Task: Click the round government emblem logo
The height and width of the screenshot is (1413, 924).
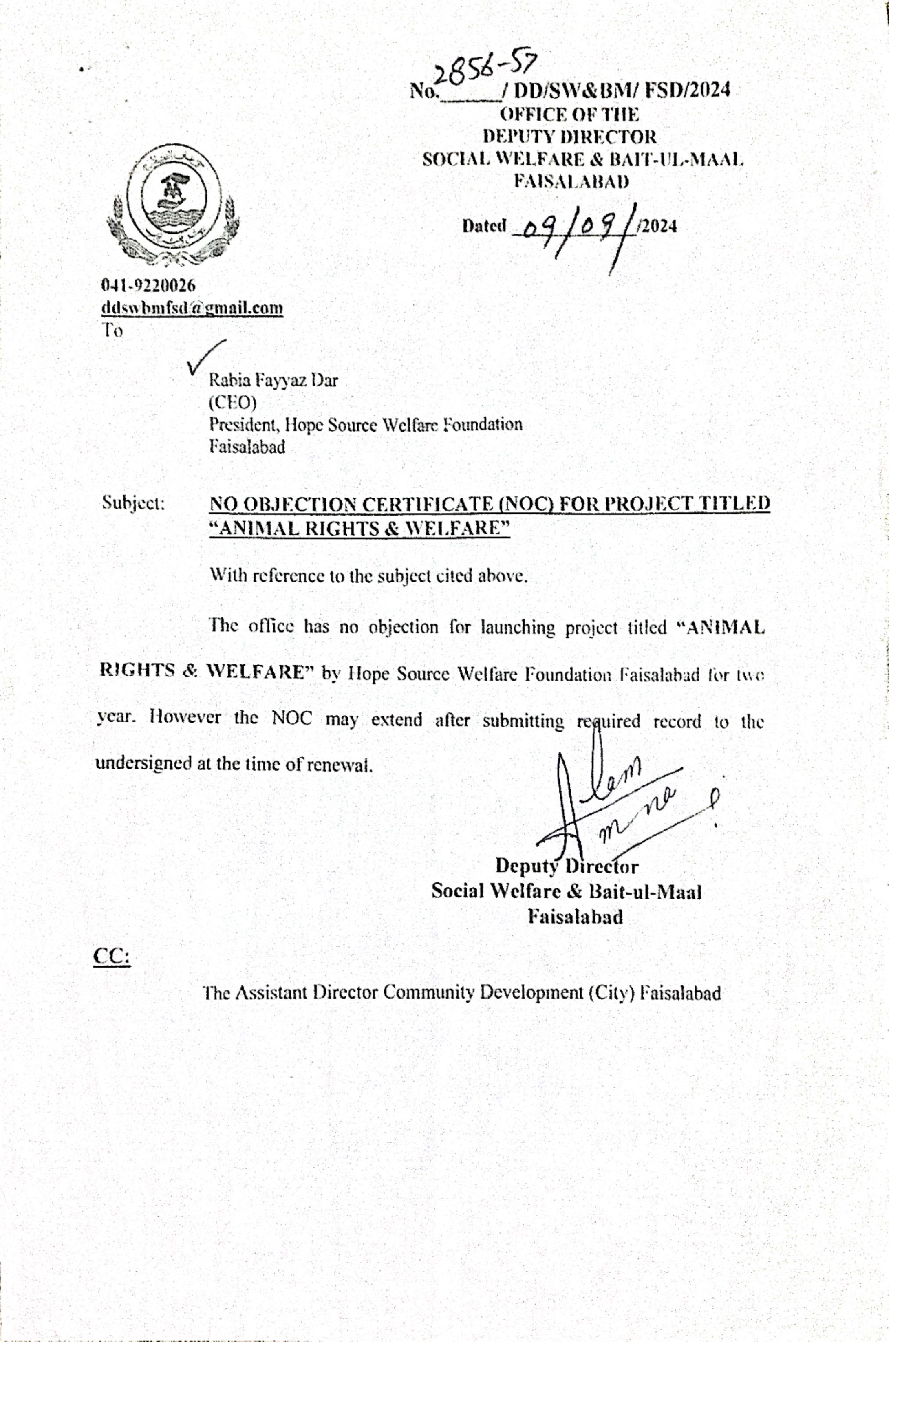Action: (x=173, y=204)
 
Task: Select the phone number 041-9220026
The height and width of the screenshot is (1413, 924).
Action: (x=148, y=286)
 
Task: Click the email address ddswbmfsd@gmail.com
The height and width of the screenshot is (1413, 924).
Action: (x=192, y=308)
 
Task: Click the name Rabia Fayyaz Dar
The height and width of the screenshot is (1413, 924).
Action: (x=273, y=380)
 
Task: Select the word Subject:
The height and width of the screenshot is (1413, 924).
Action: (x=133, y=503)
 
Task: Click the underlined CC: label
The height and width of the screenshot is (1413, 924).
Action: (x=112, y=957)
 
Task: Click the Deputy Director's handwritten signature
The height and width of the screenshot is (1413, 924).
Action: (x=617, y=798)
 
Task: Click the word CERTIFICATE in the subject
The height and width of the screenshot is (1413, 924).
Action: (x=427, y=504)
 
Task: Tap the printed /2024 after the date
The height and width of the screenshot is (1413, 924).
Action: (x=656, y=226)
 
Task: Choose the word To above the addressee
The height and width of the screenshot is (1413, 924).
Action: (x=112, y=330)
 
